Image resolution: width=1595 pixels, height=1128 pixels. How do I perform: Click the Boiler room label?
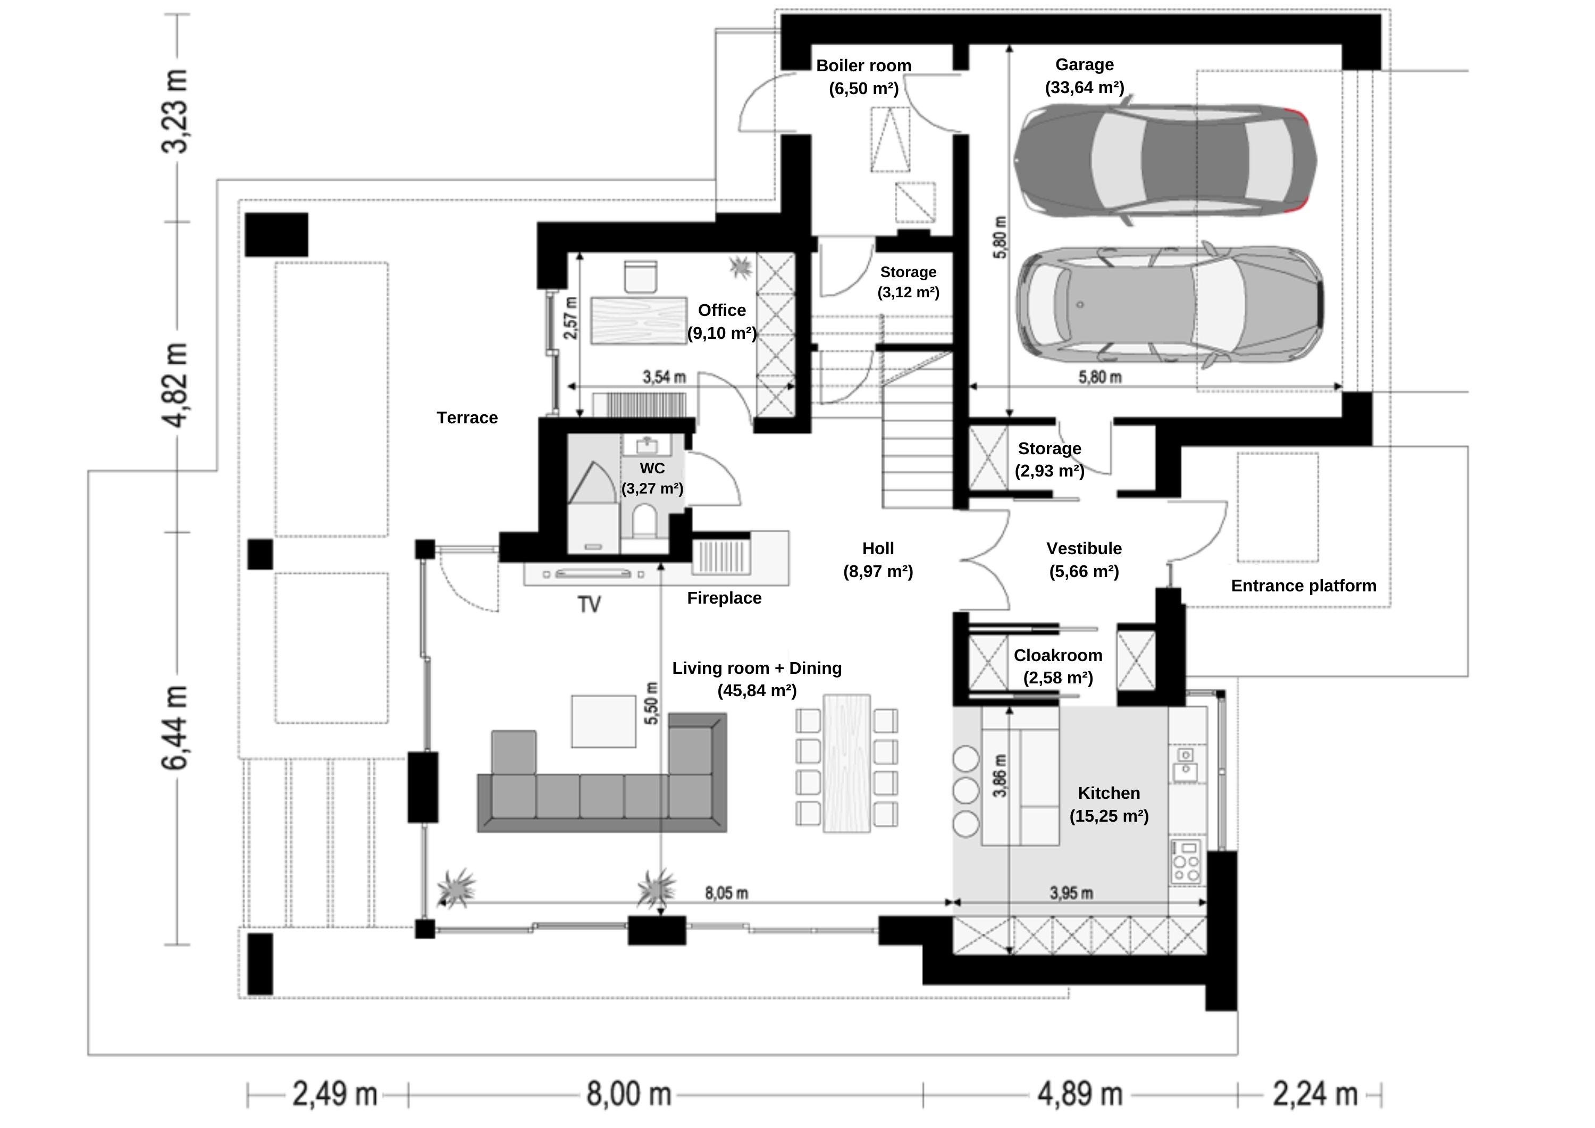click(863, 65)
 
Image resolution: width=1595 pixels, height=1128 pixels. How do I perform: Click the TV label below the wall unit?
click(589, 605)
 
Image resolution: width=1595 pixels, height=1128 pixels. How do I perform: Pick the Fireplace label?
click(724, 598)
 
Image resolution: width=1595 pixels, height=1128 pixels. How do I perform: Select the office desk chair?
click(640, 277)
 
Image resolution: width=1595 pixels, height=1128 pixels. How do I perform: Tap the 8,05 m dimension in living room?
click(726, 893)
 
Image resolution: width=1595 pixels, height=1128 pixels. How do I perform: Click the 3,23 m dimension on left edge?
click(174, 111)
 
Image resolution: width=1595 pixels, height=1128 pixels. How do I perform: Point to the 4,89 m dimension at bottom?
click(1079, 1094)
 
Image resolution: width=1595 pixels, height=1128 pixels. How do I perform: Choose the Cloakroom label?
click(1057, 655)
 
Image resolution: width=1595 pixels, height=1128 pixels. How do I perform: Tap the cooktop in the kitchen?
click(1185, 862)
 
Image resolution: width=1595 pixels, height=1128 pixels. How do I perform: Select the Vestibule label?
click(1084, 548)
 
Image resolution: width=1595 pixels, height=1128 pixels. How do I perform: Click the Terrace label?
click(467, 417)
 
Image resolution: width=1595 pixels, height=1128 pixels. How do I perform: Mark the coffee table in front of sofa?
click(603, 721)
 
